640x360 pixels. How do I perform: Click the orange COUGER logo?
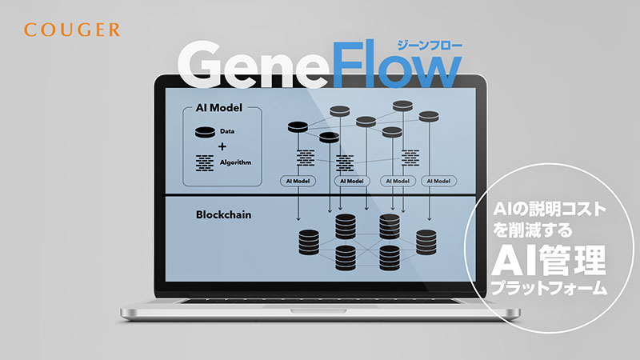(72, 30)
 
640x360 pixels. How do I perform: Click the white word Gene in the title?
(254, 65)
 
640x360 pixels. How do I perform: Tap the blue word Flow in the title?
(397, 64)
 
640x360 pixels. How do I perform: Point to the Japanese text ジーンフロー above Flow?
(430, 46)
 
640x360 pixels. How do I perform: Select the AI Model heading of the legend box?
(218, 108)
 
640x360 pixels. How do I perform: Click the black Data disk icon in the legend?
(205, 132)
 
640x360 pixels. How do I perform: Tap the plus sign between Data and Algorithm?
(222, 146)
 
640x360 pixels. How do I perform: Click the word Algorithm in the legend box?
(235, 162)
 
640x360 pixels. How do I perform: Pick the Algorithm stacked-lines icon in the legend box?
(205, 163)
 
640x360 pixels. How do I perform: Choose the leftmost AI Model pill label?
(298, 181)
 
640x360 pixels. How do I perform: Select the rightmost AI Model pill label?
(438, 181)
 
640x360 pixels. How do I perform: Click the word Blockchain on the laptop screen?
(224, 214)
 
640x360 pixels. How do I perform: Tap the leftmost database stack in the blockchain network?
(309, 242)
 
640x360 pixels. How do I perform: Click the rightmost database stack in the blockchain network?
(426, 242)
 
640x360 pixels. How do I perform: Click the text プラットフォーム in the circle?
(549, 288)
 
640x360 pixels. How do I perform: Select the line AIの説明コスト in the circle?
(550, 210)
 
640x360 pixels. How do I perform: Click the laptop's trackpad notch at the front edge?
(318, 311)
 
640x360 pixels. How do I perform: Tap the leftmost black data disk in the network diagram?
(298, 127)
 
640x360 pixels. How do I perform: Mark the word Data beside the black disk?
(227, 131)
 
